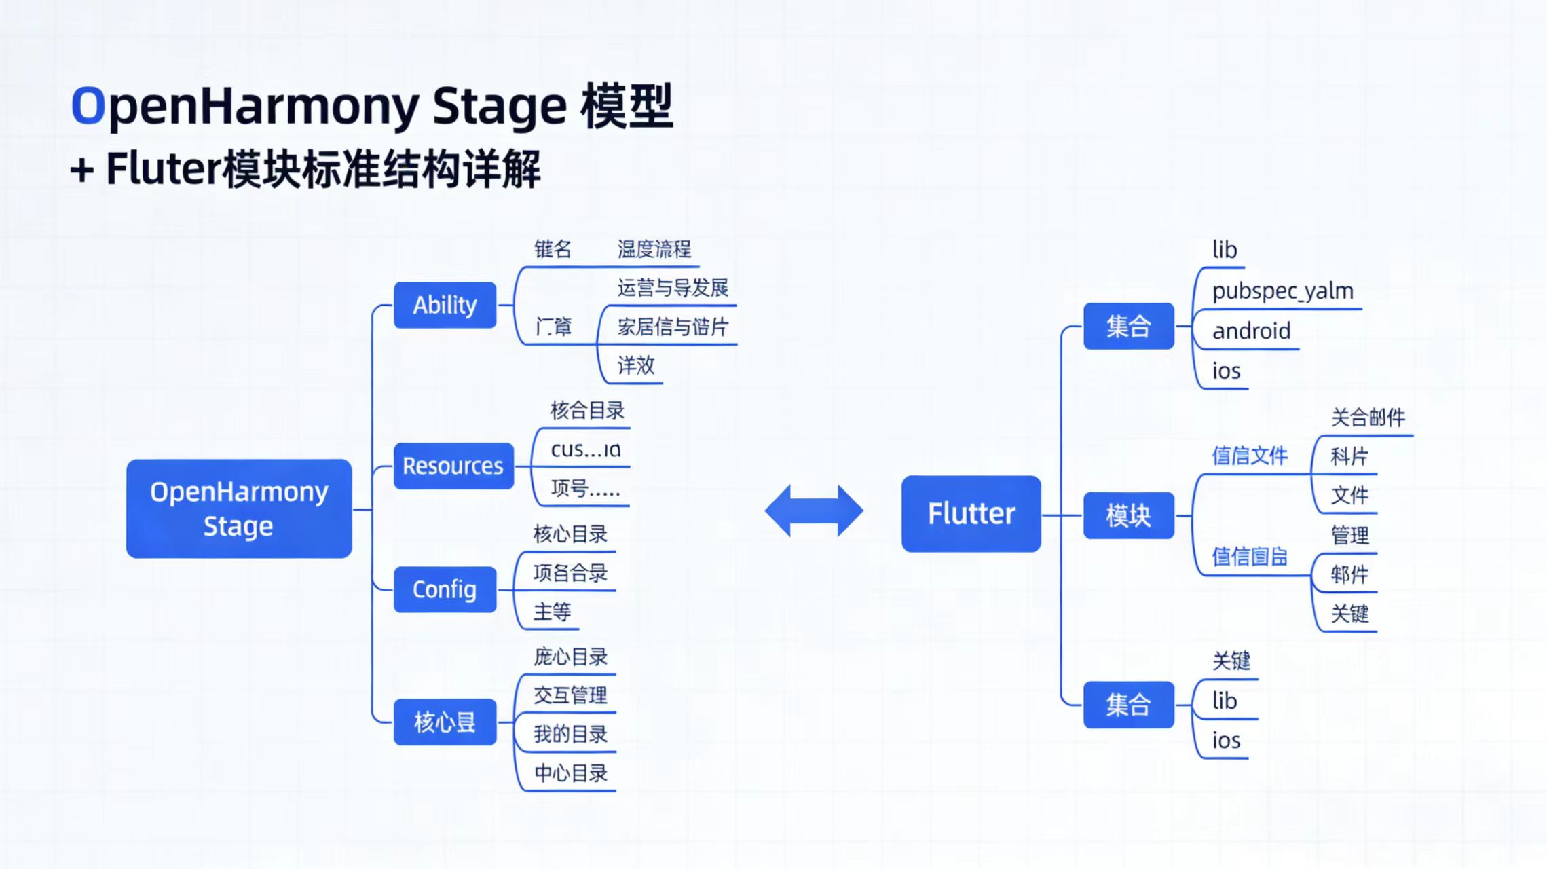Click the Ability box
pyautogui.click(x=445, y=305)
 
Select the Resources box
pyautogui.click(x=453, y=466)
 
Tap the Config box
pyautogui.click(x=445, y=589)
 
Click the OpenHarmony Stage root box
pyautogui.click(x=239, y=509)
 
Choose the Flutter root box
pyautogui.click(x=971, y=513)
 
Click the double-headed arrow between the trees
pyautogui.click(x=814, y=511)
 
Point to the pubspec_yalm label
pyautogui.click(x=1282, y=291)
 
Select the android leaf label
pyautogui.click(x=1251, y=331)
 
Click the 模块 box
pyautogui.click(x=1128, y=516)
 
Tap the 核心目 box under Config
pyautogui.click(x=445, y=722)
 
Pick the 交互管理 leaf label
pyautogui.click(x=570, y=695)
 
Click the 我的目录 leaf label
pyautogui.click(x=570, y=734)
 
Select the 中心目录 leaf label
pyautogui.click(x=570, y=773)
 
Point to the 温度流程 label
pyautogui.click(x=654, y=249)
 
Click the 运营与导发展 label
pyautogui.click(x=672, y=288)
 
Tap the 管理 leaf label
pyautogui.click(x=1349, y=536)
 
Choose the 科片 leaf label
pyautogui.click(x=1349, y=456)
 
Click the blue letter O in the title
pyautogui.click(x=88, y=106)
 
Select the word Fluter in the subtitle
pyautogui.click(x=163, y=169)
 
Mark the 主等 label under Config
pyautogui.click(x=552, y=612)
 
